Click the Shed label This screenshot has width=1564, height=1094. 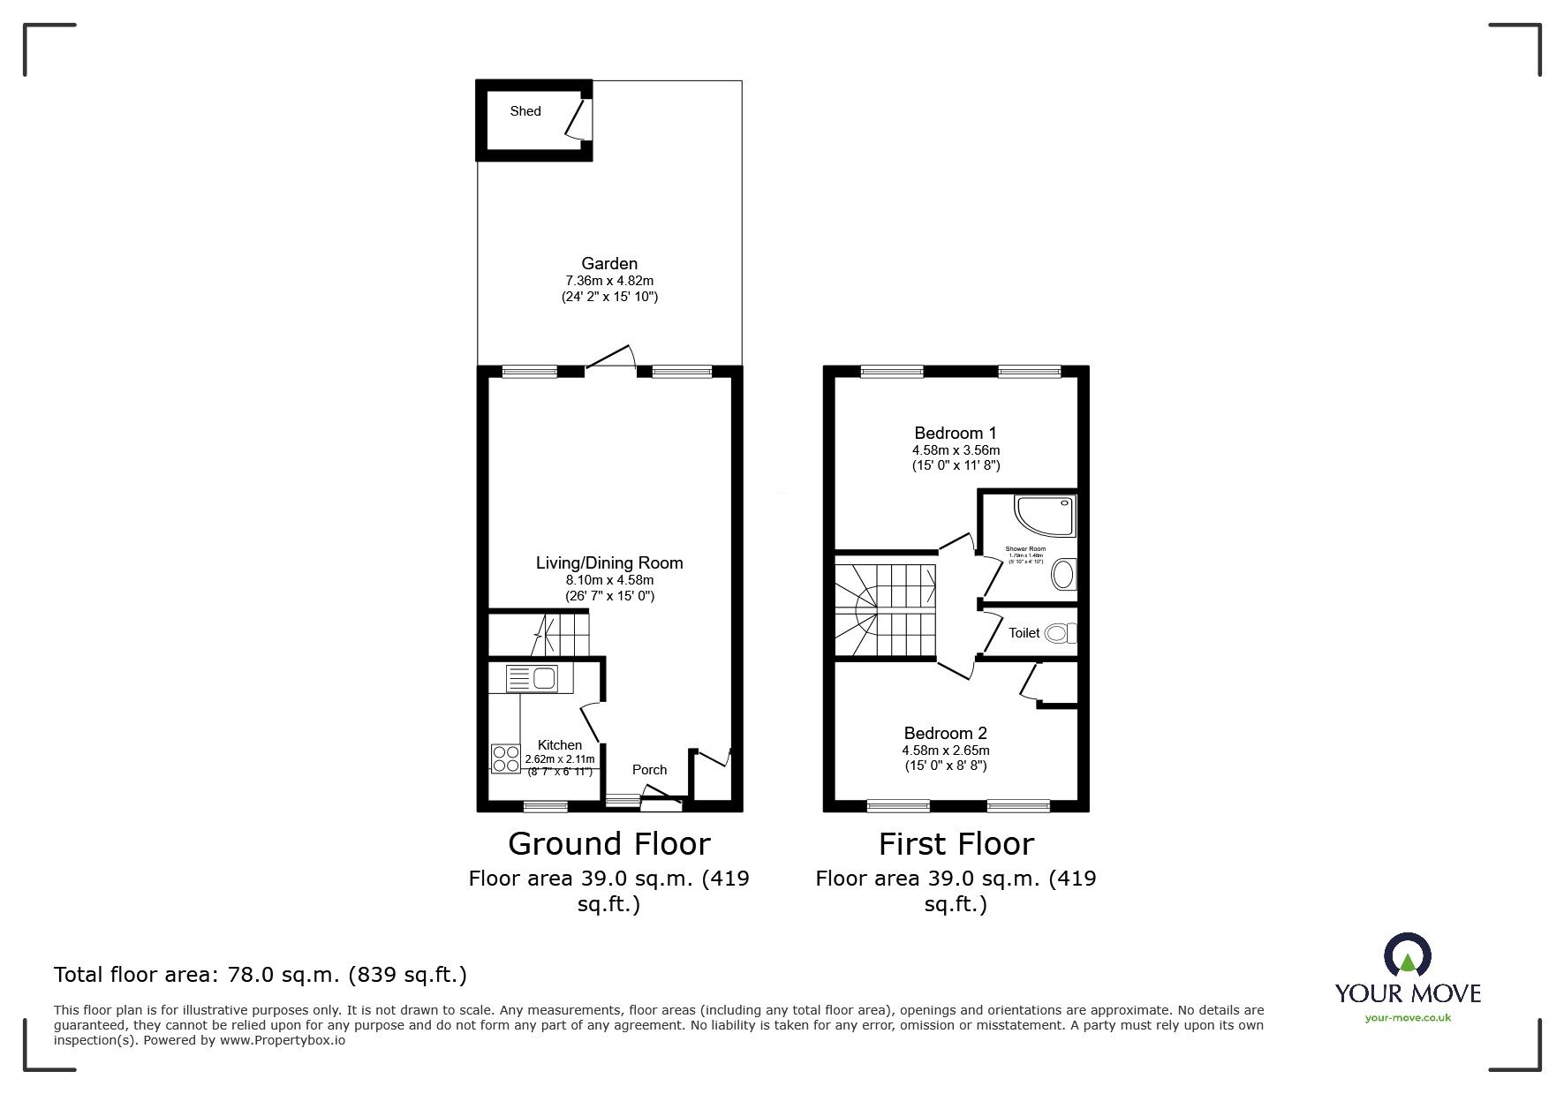pyautogui.click(x=525, y=111)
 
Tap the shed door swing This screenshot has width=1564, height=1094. pyautogui.click(x=576, y=119)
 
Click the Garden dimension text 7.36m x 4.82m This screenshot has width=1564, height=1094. pyautogui.click(x=609, y=281)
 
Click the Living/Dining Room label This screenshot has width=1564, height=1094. pyautogui.click(x=609, y=563)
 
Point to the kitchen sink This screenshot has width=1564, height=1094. pyautogui.click(x=532, y=678)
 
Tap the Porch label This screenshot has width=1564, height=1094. pyautogui.click(x=649, y=770)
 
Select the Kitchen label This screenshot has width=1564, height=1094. pyautogui.click(x=560, y=745)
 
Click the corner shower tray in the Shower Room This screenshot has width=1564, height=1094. pyautogui.click(x=1046, y=517)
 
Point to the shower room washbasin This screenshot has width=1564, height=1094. pyautogui.click(x=1064, y=575)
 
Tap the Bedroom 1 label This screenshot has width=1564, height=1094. pyautogui.click(x=956, y=434)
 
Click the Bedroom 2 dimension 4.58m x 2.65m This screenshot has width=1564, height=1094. pyautogui.click(x=945, y=751)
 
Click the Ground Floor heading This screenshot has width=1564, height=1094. pyautogui.click(x=608, y=844)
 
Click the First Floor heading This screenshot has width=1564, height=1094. pyautogui.click(x=956, y=844)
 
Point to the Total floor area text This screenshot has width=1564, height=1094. pyautogui.click(x=261, y=975)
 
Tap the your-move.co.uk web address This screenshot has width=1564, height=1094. pyautogui.click(x=1408, y=1018)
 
